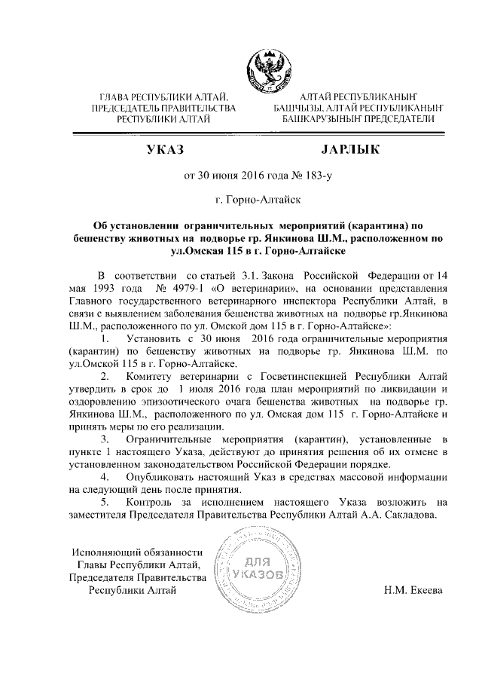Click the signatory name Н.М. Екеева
coord(414,590)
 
